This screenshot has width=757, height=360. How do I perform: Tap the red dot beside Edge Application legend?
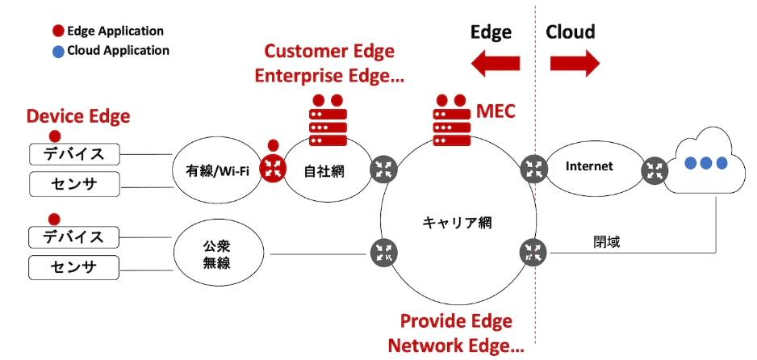pyautogui.click(x=58, y=31)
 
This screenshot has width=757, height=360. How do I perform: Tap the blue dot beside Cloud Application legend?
pyautogui.click(x=58, y=51)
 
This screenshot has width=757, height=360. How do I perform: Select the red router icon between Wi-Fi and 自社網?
pyautogui.click(x=274, y=169)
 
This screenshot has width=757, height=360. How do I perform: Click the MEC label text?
pyautogui.click(x=496, y=111)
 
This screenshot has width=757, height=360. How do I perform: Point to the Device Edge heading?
pyautogui.click(x=78, y=117)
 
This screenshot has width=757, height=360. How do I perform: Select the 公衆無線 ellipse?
pyautogui.click(x=219, y=253)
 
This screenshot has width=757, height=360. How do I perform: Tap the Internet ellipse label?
pyautogui.click(x=589, y=166)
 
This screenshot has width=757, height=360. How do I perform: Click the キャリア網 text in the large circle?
pyautogui.click(x=458, y=223)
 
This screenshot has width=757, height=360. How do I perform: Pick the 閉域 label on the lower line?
pyautogui.click(x=606, y=242)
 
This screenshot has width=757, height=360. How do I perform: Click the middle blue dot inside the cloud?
pyautogui.click(x=706, y=163)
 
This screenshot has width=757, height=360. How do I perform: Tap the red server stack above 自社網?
pyautogui.click(x=328, y=120)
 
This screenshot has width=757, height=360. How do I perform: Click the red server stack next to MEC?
pyautogui.click(x=452, y=120)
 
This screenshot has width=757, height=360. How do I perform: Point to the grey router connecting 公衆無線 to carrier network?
pyautogui.click(x=384, y=252)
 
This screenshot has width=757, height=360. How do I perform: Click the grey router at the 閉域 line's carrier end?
pyautogui.click(x=533, y=252)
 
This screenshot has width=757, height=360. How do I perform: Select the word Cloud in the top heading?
pyautogui.click(x=570, y=31)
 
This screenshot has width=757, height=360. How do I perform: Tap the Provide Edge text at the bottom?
pyautogui.click(x=456, y=321)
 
